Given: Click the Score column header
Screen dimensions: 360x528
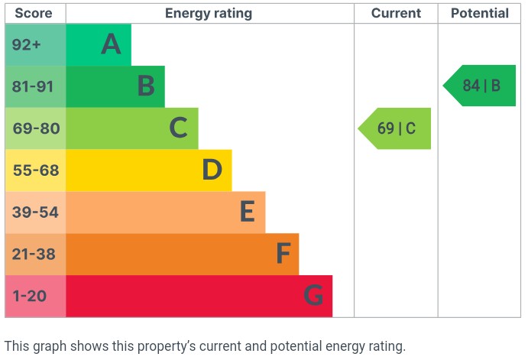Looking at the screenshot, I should pyautogui.click(x=35, y=13).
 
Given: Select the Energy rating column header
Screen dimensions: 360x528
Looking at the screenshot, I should pyautogui.click(x=209, y=13).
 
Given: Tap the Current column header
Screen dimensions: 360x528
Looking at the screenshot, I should pyautogui.click(x=396, y=13).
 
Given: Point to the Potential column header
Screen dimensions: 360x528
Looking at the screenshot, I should pyautogui.click(x=479, y=13).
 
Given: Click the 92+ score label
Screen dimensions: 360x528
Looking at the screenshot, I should pyautogui.click(x=27, y=44).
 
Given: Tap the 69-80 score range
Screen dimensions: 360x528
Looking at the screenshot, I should pyautogui.click(x=35, y=128).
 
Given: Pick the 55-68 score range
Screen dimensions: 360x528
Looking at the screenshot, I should pyautogui.click(x=35, y=170).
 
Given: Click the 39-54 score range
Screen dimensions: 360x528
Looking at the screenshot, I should pyautogui.click(x=35, y=212).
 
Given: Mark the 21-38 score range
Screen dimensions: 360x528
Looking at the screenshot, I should pyautogui.click(x=35, y=254).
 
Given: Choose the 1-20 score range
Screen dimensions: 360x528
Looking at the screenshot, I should pyautogui.click(x=31, y=296).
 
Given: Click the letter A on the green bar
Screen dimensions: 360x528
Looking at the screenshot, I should pyautogui.click(x=112, y=44).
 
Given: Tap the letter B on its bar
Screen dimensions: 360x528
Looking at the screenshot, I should pyautogui.click(x=146, y=86).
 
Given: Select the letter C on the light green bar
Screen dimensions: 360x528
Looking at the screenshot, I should pyautogui.click(x=178, y=128).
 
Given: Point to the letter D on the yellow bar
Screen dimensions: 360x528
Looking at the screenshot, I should pyautogui.click(x=212, y=170).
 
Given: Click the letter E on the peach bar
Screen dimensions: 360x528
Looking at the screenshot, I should pyautogui.click(x=246, y=212).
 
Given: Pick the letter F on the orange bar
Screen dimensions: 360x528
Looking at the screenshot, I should pyautogui.click(x=283, y=254).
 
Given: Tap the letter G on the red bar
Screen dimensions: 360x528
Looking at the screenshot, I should pyautogui.click(x=313, y=296).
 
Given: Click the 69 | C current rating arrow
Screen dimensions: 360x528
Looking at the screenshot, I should pyautogui.click(x=396, y=128).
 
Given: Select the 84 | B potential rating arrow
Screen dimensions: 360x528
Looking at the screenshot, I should pyautogui.click(x=481, y=86).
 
